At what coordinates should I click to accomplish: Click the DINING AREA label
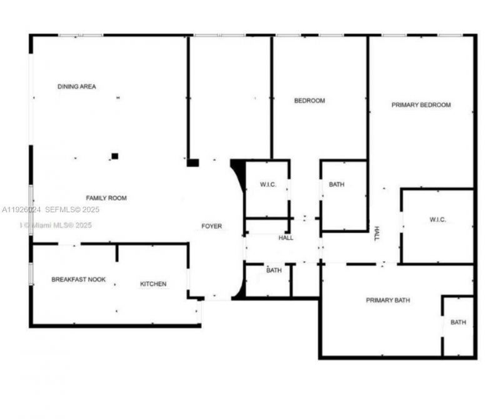(76, 87)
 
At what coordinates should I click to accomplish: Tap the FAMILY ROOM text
(106, 198)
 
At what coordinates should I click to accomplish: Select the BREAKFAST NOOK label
(75, 279)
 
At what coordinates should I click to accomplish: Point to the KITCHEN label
(153, 284)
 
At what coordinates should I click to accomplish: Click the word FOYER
(211, 226)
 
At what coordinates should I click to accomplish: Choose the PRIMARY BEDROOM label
(421, 105)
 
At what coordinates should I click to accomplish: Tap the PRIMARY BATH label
(387, 300)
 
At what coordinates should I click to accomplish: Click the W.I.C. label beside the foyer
(268, 184)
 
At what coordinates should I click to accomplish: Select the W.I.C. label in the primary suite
(437, 219)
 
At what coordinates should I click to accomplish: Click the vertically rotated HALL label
(377, 234)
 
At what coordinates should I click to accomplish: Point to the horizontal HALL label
(286, 238)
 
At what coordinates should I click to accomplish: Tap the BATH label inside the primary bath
(458, 322)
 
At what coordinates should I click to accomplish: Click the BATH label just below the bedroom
(336, 184)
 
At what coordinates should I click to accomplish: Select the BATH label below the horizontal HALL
(274, 270)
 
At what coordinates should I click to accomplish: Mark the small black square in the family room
(114, 156)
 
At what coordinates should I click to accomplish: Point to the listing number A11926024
(21, 210)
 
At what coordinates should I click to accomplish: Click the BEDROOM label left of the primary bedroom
(309, 101)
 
